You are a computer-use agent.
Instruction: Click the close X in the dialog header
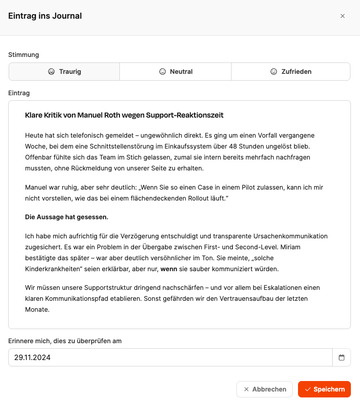(343, 16)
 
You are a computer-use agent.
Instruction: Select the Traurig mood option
(64, 72)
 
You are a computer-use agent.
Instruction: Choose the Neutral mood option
(175, 72)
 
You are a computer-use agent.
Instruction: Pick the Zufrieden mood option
(291, 72)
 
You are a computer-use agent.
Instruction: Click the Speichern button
(324, 389)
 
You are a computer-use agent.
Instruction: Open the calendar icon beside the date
(342, 358)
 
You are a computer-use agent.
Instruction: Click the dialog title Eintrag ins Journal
(45, 16)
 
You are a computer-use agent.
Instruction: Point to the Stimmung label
(24, 55)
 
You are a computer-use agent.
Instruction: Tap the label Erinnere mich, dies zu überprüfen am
(65, 341)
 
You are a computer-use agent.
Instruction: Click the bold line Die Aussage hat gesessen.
(67, 217)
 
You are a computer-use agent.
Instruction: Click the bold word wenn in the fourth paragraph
(168, 269)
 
